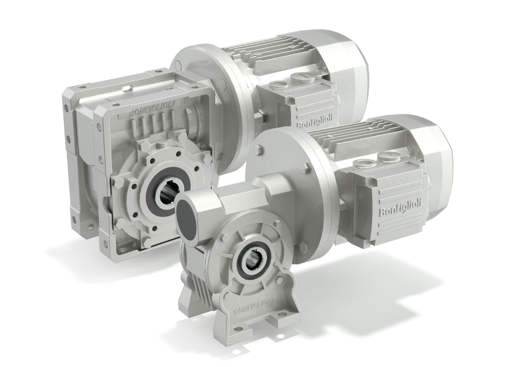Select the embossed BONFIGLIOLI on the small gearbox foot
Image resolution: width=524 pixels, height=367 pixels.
click(x=253, y=308)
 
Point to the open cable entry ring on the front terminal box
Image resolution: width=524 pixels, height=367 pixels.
click(x=362, y=164)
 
